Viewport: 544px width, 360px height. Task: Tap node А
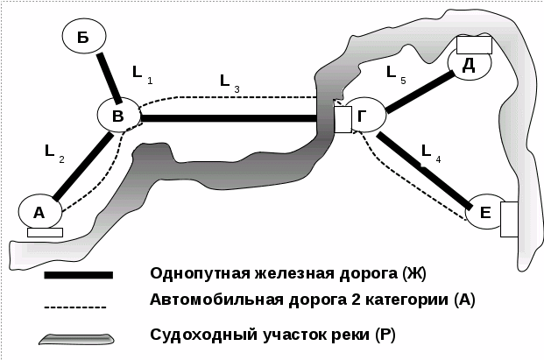(x=39, y=211)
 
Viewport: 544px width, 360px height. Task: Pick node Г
(x=364, y=116)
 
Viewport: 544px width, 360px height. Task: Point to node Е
(x=484, y=211)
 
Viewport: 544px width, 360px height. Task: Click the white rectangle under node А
(x=45, y=232)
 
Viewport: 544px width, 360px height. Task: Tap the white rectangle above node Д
(x=473, y=45)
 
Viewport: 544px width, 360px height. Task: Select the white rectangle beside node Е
(x=509, y=219)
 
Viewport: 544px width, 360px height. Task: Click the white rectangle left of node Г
(x=343, y=117)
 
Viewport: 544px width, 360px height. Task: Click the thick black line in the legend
(x=79, y=275)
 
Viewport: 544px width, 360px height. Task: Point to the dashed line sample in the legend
(x=75, y=307)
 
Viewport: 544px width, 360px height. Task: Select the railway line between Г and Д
(x=418, y=94)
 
